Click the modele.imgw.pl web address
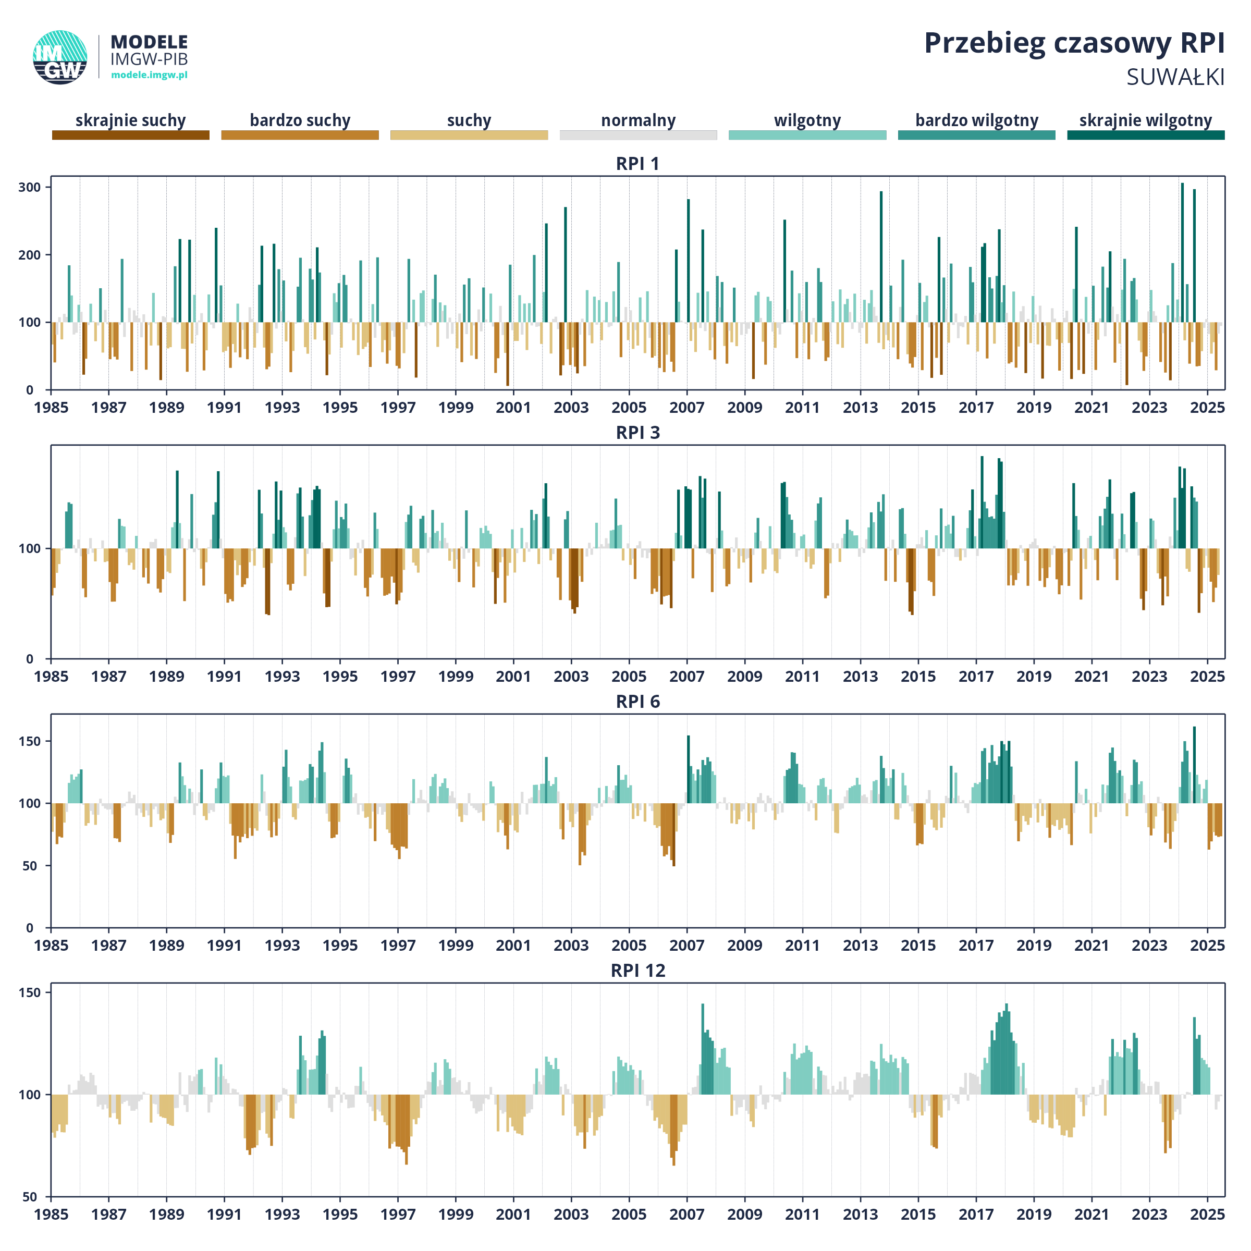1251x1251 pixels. [x=149, y=75]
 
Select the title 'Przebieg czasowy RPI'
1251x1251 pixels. [x=1074, y=43]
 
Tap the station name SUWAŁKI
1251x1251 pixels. [x=1175, y=78]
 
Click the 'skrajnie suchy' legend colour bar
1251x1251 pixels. [x=131, y=134]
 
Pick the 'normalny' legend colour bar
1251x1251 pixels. [x=639, y=134]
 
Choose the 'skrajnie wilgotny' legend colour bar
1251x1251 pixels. [x=1146, y=134]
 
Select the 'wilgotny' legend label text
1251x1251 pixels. [x=807, y=120]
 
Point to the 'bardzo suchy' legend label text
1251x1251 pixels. [x=300, y=120]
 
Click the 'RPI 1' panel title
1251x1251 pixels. [x=638, y=164]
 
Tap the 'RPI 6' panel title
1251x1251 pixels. [x=638, y=702]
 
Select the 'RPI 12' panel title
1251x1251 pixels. [x=638, y=971]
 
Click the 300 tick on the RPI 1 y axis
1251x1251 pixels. [x=30, y=187]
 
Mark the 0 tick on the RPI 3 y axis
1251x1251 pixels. [x=30, y=659]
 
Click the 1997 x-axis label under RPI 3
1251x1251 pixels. [x=398, y=677]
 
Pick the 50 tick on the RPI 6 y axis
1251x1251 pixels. [x=30, y=866]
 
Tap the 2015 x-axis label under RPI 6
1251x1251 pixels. [x=918, y=946]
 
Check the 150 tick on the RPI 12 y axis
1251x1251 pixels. [x=30, y=992]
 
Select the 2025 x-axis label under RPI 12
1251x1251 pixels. [x=1208, y=1214]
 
